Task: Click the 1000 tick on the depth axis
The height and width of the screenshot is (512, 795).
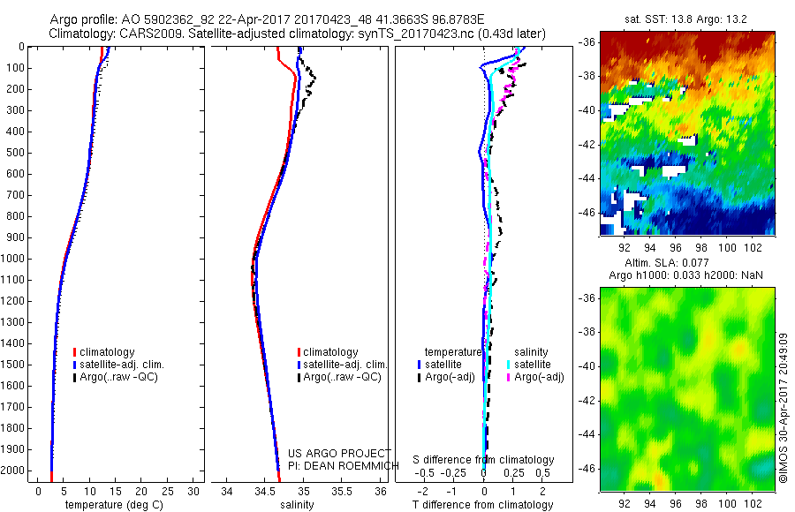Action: point(17,259)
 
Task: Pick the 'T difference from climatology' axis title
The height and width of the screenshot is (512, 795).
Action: point(484,505)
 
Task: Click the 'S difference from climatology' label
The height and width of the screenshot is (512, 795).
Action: point(484,461)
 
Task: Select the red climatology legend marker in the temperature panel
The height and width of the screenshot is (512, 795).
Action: point(75,352)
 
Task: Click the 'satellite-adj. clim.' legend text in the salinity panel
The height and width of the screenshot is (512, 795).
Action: point(345,365)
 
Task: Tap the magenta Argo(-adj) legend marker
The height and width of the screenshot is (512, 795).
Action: point(510,377)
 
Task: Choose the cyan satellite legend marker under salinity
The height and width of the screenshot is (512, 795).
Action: point(510,365)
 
